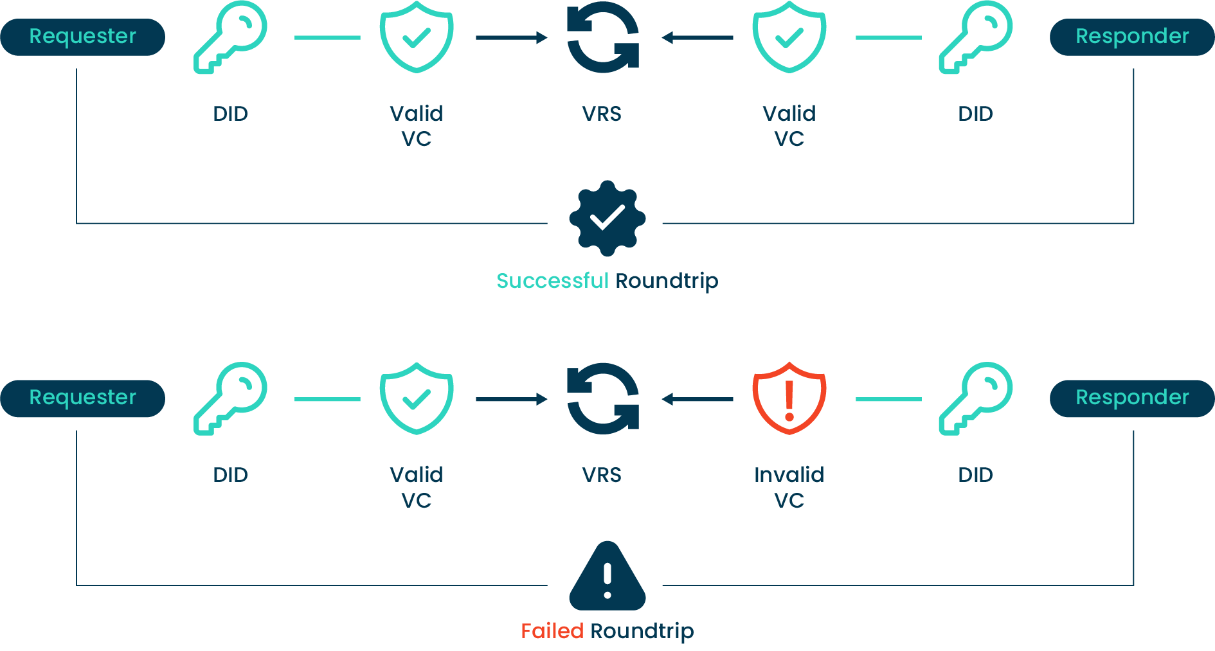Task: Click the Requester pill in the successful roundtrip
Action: (x=82, y=37)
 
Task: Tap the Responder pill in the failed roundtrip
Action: (x=1131, y=398)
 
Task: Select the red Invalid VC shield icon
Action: (x=789, y=398)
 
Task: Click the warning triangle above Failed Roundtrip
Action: (x=607, y=576)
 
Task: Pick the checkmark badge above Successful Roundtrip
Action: (x=607, y=218)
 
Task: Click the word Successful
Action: (x=552, y=281)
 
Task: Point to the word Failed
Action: (x=552, y=631)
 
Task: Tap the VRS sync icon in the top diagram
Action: (x=602, y=37)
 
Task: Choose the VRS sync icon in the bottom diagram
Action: (x=602, y=398)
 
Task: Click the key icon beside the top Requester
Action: (x=230, y=37)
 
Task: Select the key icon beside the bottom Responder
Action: (x=975, y=398)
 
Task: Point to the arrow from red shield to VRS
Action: (x=697, y=399)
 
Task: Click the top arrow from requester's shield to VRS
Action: (x=511, y=38)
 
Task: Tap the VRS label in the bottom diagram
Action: (x=602, y=475)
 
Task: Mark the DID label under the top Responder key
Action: (x=975, y=114)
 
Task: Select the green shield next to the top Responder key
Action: (x=789, y=37)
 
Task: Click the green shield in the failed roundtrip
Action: (x=416, y=398)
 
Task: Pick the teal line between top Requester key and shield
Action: (x=327, y=38)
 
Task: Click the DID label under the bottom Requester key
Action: (x=230, y=475)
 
